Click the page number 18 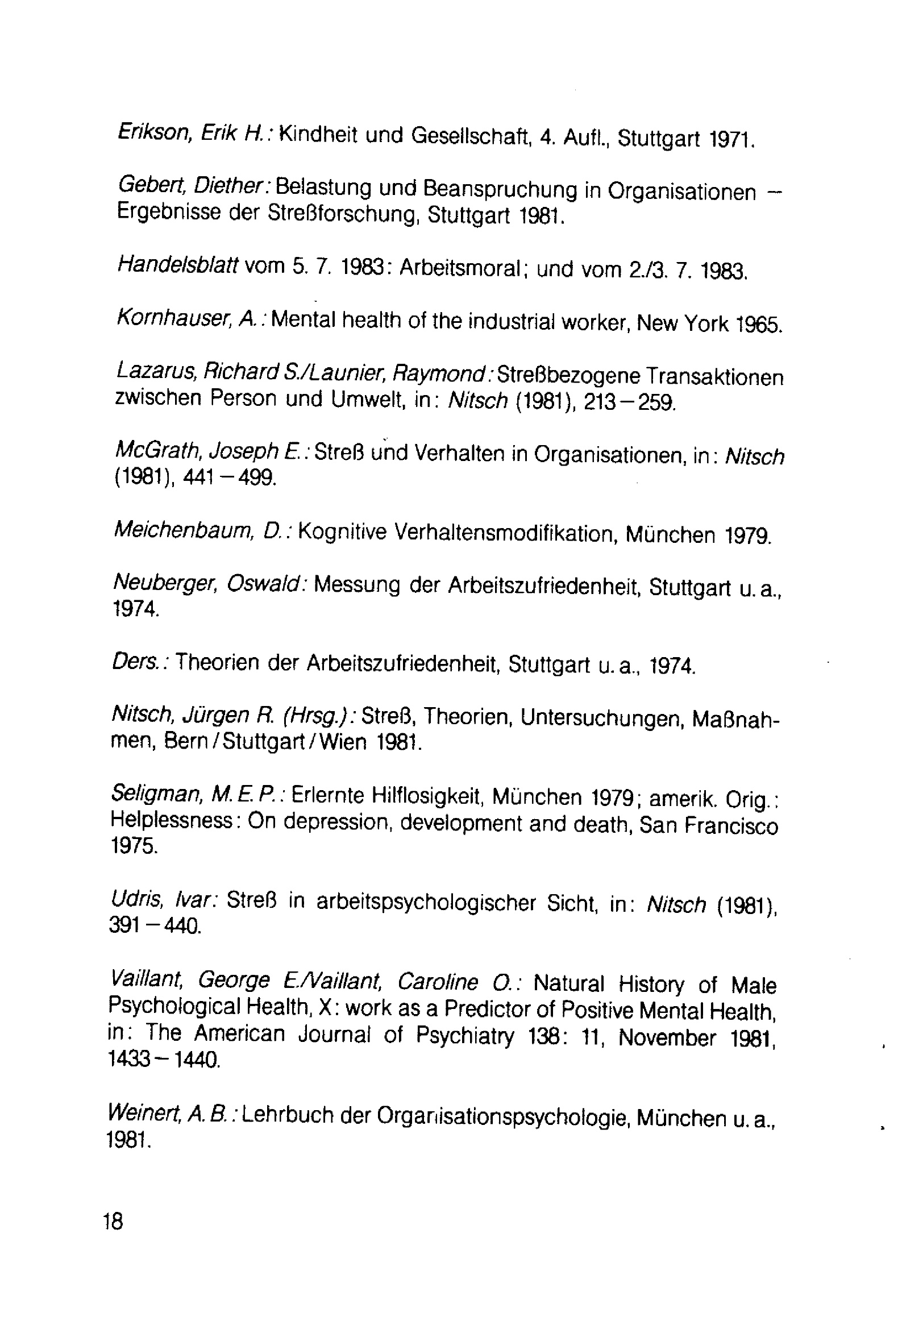(113, 1222)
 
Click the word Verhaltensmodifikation (504, 534)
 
